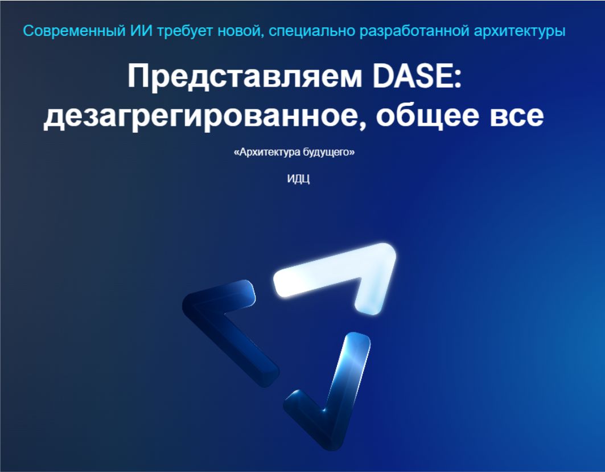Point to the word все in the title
pos(517,116)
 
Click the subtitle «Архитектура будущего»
pos(294,152)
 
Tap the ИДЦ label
pos(298,179)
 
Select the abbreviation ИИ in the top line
pos(142,31)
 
